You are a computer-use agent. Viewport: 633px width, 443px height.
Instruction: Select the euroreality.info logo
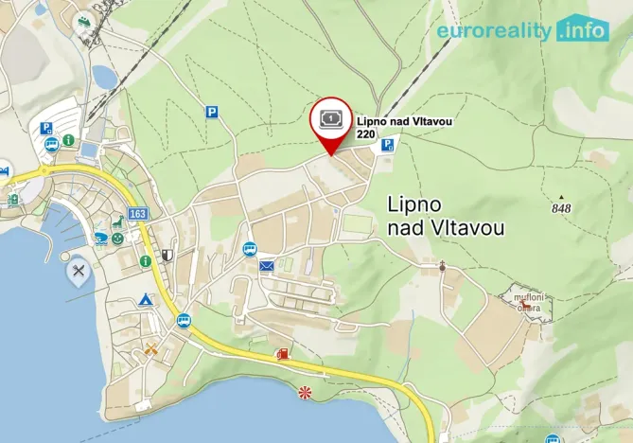click(x=521, y=30)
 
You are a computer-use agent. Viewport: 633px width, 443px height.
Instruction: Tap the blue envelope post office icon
click(x=267, y=267)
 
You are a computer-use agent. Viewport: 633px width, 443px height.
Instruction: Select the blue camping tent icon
click(x=146, y=300)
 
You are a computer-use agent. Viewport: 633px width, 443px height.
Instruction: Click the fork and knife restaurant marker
click(x=79, y=272)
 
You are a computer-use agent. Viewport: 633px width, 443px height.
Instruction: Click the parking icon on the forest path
click(x=212, y=112)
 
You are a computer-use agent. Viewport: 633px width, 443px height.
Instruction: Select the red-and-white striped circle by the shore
click(x=305, y=392)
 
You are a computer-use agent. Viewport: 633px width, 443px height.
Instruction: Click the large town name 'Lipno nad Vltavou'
click(x=446, y=216)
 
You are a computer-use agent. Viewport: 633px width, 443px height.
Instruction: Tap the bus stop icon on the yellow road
click(x=184, y=321)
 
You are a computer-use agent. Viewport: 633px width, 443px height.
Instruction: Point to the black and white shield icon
click(x=167, y=255)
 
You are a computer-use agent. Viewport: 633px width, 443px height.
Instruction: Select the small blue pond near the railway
click(x=103, y=76)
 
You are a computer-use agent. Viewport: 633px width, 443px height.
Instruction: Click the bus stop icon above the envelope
click(x=249, y=249)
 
